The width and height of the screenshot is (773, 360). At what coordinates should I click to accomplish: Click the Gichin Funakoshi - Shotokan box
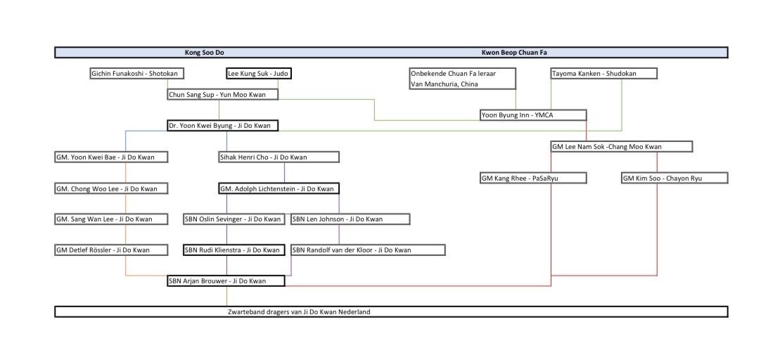click(137, 74)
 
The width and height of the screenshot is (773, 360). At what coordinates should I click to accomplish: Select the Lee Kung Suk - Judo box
click(258, 74)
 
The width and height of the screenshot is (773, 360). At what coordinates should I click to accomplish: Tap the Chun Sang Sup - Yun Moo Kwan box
click(223, 94)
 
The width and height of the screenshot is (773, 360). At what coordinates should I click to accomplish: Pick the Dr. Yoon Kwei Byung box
click(223, 125)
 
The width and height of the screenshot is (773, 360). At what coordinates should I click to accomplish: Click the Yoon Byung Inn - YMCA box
click(533, 115)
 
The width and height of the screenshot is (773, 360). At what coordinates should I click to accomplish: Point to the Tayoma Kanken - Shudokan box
click(604, 74)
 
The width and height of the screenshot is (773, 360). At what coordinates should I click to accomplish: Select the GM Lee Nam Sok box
click(621, 146)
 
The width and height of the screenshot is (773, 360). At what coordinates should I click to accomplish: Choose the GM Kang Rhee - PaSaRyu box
click(533, 177)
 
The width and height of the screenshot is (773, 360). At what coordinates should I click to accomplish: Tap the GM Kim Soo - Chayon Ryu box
click(675, 177)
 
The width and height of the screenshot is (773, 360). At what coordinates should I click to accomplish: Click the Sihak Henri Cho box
click(279, 157)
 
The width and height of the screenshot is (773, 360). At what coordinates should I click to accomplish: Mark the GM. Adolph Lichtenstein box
click(279, 188)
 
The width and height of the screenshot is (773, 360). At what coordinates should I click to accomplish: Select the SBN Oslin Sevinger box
click(234, 219)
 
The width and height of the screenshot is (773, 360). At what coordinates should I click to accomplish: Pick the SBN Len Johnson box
click(350, 219)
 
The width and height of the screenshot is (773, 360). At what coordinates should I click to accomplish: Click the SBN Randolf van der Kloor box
click(369, 250)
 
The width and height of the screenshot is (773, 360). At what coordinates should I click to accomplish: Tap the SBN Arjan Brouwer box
click(226, 281)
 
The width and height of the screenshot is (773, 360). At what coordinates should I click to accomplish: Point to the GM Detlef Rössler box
click(111, 250)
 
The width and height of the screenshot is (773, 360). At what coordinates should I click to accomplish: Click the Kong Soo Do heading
click(200, 52)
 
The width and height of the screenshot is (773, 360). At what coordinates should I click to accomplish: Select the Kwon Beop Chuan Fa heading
click(514, 52)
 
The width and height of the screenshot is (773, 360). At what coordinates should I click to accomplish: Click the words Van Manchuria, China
click(445, 84)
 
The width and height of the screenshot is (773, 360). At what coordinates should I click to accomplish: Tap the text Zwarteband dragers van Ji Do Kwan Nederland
click(299, 311)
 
